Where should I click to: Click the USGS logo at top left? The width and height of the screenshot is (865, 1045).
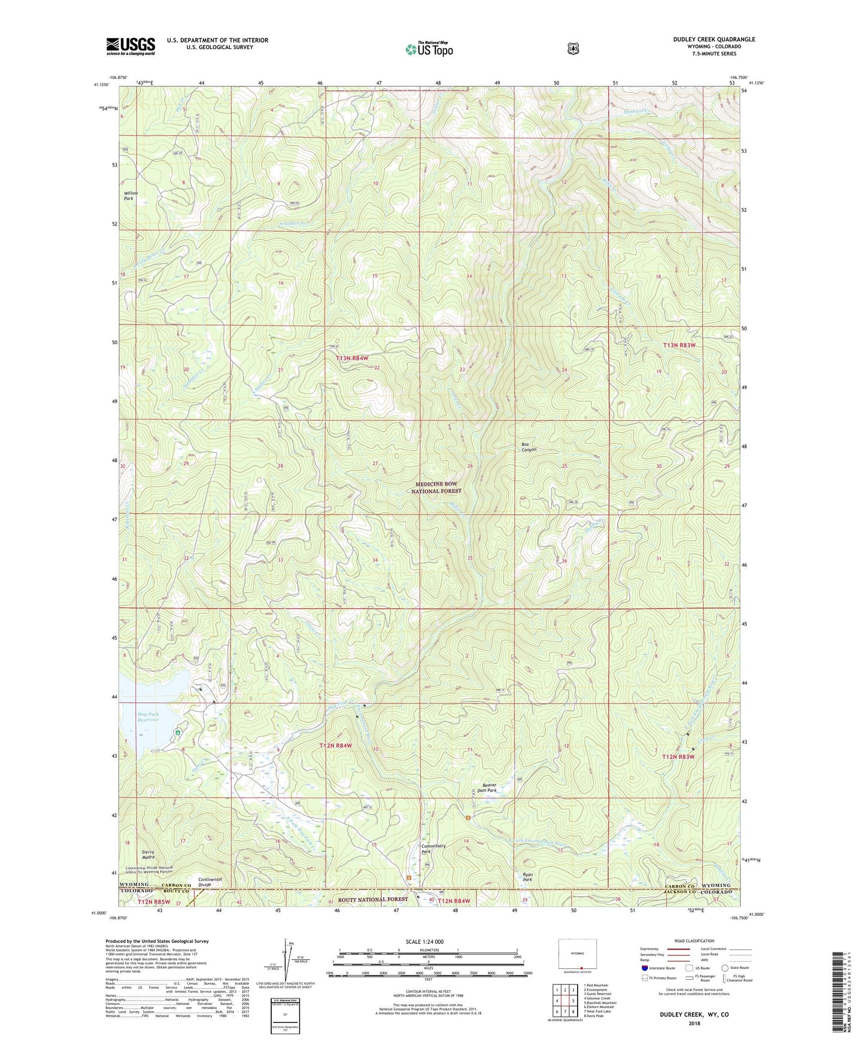click(130, 46)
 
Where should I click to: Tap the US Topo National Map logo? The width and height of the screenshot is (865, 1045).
click(429, 48)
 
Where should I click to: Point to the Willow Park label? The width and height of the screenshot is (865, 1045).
click(130, 196)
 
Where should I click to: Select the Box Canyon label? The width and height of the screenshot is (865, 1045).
click(529, 447)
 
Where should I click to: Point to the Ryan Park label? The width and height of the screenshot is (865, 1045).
click(527, 877)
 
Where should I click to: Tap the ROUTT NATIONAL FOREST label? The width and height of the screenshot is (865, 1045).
click(373, 899)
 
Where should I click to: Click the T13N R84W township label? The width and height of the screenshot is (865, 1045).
click(352, 358)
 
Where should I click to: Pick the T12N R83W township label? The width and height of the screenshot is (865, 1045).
click(678, 757)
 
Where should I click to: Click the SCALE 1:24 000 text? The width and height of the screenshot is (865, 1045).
click(424, 941)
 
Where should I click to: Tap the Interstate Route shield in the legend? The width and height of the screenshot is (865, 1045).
click(644, 968)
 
